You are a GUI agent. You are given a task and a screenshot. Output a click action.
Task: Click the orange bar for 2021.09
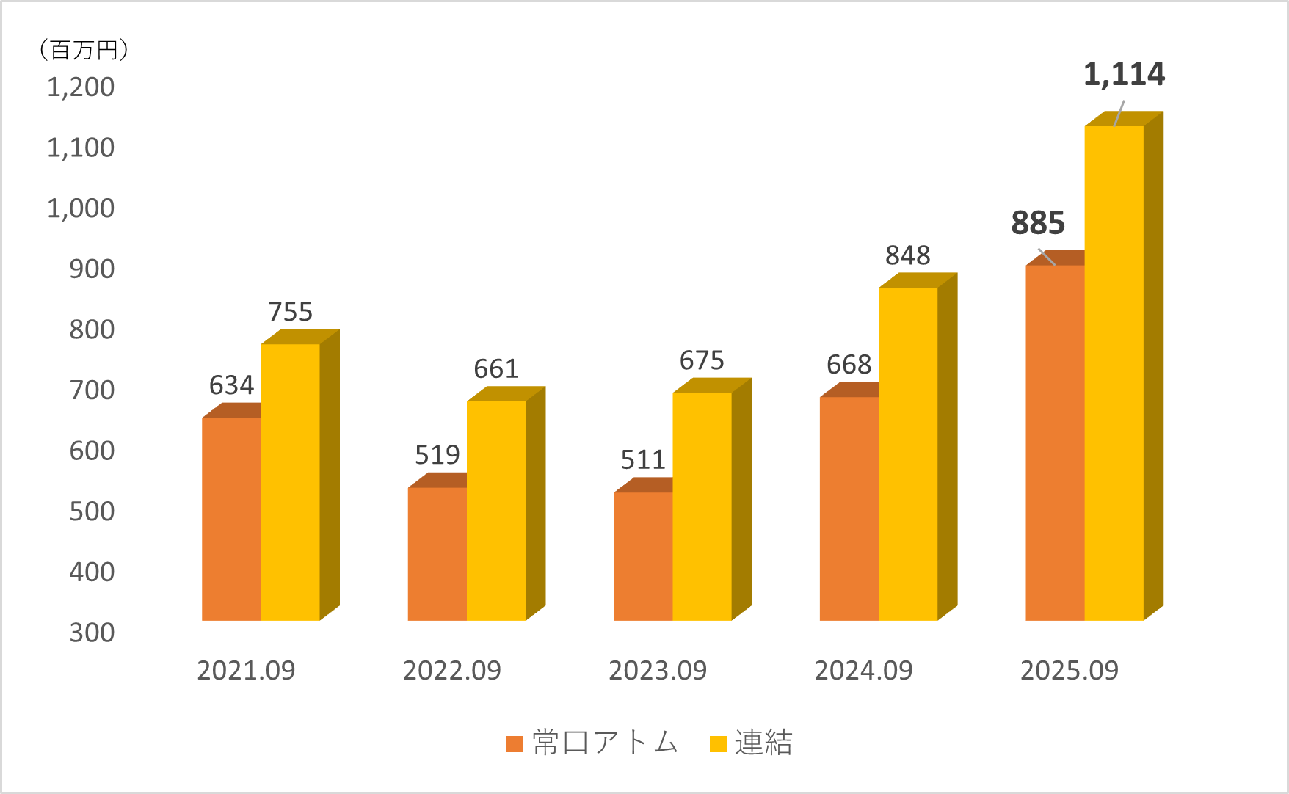pos(231,519)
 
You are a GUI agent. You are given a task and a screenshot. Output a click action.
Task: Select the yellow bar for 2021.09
pos(290,482)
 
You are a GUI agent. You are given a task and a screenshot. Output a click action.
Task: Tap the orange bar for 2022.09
pos(437,554)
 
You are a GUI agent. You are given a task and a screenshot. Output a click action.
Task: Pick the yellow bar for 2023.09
pos(702,506)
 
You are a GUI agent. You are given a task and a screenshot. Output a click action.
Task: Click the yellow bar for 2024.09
pos(908,454)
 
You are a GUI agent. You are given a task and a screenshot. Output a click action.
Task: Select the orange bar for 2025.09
pos(1055,442)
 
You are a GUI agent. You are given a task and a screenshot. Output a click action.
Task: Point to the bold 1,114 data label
pos(1124,75)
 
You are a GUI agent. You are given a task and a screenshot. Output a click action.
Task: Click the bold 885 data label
pos(1037,224)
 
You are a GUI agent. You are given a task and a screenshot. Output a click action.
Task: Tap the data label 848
pos(907,255)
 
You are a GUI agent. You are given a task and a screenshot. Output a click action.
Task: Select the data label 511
pos(642,460)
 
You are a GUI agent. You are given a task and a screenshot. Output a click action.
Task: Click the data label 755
pos(290,312)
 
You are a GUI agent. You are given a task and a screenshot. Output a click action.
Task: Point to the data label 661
pos(495,368)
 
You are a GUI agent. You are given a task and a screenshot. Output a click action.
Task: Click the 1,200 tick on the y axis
pos(81,87)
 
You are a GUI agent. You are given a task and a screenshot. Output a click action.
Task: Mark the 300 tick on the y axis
pos(92,633)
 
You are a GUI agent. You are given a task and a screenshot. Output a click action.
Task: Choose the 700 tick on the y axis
pos(92,390)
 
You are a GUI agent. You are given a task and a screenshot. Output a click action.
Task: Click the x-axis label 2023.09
pos(657,670)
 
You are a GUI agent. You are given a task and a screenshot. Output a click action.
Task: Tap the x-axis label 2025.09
pos(1069,670)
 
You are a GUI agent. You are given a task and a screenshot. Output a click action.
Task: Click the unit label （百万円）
pos(84,50)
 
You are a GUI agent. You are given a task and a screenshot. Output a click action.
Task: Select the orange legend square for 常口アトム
pos(515,744)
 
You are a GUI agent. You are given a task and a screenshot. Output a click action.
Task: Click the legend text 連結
pos(763,743)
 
